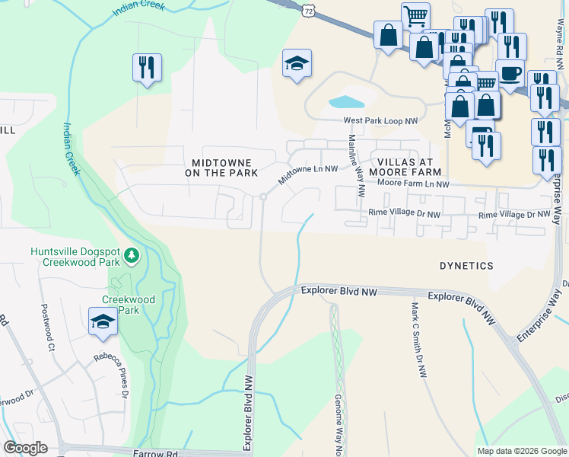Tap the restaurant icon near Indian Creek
pyautogui.click(x=146, y=67)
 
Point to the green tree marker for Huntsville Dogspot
pyautogui.click(x=132, y=254)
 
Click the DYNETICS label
pyautogui.click(x=466, y=266)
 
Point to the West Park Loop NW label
pyautogui.click(x=381, y=121)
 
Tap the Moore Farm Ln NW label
pyautogui.click(x=414, y=184)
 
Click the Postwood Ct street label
pyautogui.click(x=43, y=331)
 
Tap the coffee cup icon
pyautogui.click(x=510, y=72)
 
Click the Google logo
pyautogui.click(x=25, y=448)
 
